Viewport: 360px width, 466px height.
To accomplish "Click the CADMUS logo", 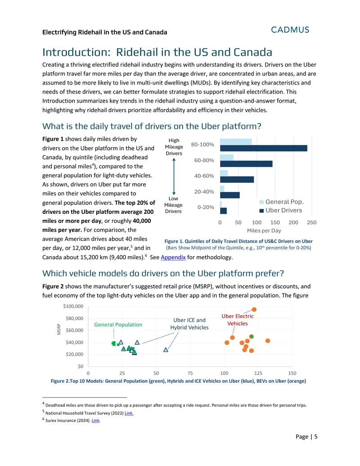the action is [290, 30].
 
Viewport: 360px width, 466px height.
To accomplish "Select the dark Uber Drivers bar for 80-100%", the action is [263, 148].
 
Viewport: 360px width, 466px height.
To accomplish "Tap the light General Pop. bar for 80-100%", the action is [236, 141].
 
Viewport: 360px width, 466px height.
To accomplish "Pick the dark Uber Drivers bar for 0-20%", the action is [223, 211].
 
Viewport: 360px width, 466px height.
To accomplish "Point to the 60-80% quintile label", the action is [204, 160].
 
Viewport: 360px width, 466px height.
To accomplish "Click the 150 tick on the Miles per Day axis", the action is [275, 222].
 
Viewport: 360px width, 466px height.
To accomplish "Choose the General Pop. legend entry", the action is [281, 202].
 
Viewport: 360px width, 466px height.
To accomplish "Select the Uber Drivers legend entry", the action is [281, 210].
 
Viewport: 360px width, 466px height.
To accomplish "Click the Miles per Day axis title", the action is [264, 231].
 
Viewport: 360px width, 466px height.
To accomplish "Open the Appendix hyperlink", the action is [173, 258].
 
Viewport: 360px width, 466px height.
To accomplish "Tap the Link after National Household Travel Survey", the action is [129, 413].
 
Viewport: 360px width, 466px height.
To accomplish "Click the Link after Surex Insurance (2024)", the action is [96, 421].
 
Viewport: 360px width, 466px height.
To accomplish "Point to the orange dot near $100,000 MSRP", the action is [254, 310].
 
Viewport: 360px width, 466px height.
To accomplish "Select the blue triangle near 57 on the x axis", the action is [166, 350].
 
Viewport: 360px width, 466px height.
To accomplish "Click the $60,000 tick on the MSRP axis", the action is [75, 330].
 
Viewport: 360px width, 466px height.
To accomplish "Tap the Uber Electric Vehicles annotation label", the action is [238, 320].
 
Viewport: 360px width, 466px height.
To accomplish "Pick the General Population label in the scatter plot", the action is [118, 325].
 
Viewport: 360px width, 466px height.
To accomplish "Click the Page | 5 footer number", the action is [306, 437].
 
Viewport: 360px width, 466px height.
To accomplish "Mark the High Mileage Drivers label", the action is [174, 147].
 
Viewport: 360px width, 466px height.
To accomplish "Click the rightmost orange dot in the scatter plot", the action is [268, 341].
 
